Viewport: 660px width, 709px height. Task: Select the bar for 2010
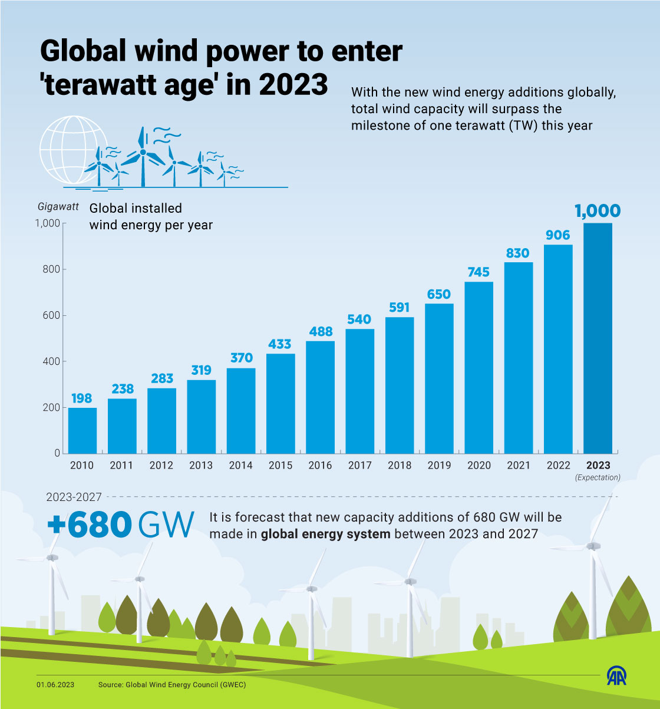[x=82, y=430]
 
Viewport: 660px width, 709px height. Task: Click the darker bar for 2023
[x=598, y=338]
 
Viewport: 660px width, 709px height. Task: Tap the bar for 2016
[x=320, y=397]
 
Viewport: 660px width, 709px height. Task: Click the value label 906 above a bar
[x=558, y=235]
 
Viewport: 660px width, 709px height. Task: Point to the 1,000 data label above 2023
[x=598, y=211]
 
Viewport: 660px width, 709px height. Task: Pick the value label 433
[x=280, y=344]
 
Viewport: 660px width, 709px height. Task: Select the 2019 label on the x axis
[x=439, y=466]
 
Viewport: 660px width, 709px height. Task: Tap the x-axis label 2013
[x=201, y=466]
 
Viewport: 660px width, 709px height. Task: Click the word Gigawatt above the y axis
[x=58, y=207]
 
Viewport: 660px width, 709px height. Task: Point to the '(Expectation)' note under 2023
[x=598, y=477]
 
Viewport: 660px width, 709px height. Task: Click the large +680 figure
[x=88, y=524]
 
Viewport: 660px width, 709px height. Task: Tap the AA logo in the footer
[x=617, y=675]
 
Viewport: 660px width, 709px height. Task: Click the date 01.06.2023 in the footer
[x=55, y=685]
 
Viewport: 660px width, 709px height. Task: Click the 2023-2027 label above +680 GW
[x=74, y=497]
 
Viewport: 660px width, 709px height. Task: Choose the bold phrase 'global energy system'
[x=325, y=535]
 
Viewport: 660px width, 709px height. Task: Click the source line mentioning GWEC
[x=172, y=685]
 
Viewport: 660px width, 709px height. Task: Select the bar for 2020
[x=478, y=368]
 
